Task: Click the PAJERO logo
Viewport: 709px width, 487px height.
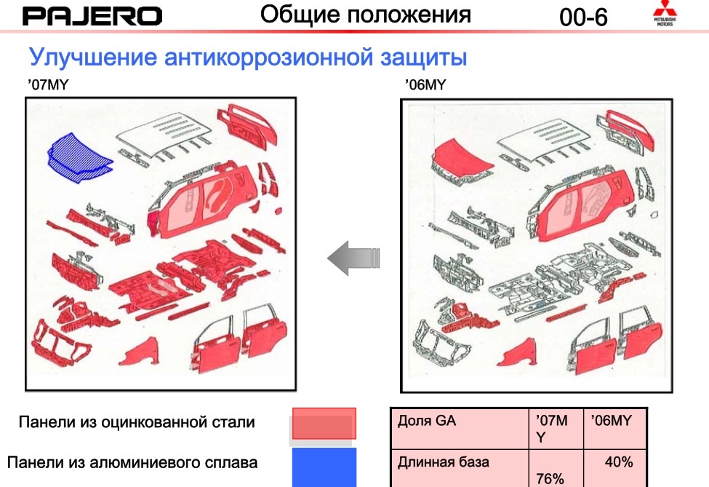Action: (92, 16)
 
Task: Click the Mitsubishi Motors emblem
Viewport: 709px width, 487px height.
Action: (664, 13)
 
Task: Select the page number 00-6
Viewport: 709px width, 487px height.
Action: (583, 17)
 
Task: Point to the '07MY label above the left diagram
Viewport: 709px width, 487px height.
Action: (47, 84)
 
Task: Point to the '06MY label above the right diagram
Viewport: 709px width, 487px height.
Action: (425, 84)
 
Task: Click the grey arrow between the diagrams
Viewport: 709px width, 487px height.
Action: (353, 258)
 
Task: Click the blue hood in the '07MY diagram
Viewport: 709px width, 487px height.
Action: (79, 157)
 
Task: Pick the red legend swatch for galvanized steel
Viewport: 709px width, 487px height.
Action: (324, 424)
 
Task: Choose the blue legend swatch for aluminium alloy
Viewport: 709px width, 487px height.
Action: (324, 467)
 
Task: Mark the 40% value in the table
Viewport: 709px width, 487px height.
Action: (619, 462)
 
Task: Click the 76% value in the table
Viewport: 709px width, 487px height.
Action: (550, 478)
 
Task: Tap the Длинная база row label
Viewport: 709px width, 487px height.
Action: (443, 462)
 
